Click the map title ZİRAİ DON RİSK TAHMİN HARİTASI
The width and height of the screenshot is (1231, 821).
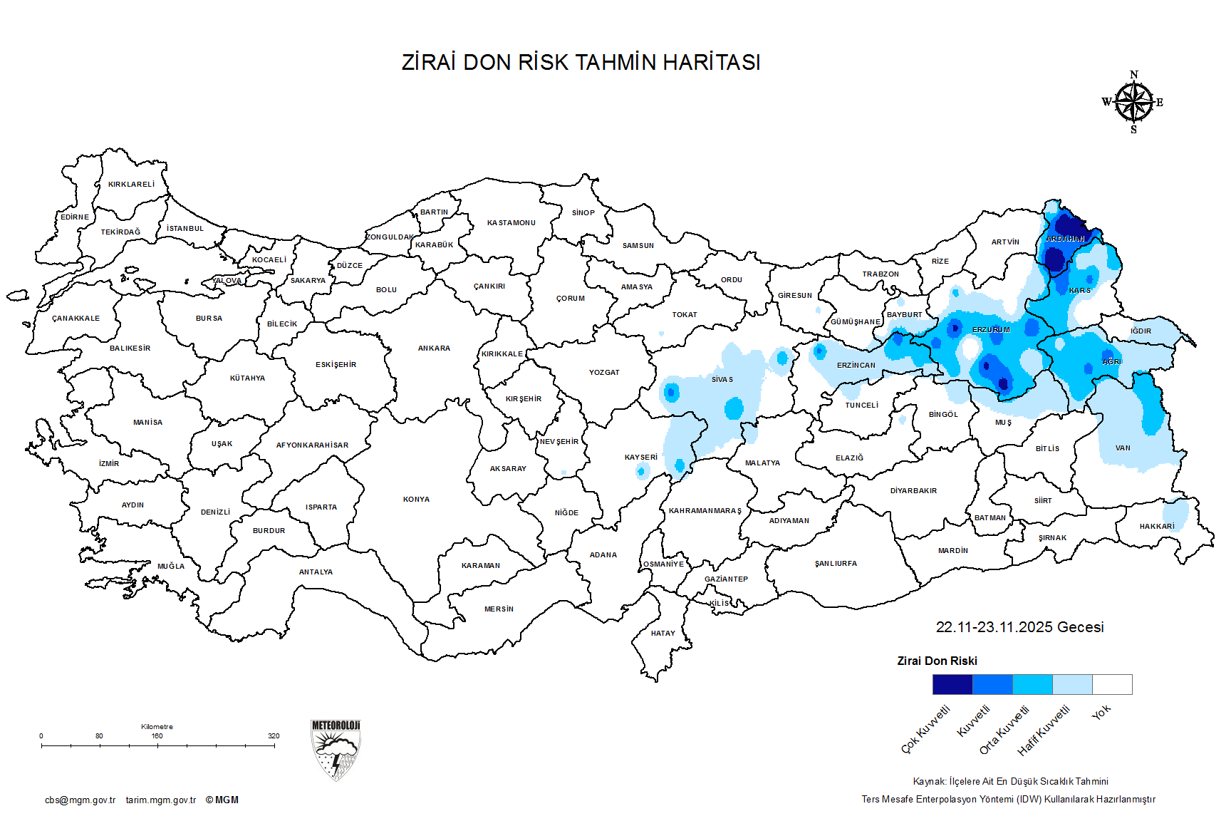click(581, 63)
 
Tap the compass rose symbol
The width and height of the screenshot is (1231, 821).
click(1133, 103)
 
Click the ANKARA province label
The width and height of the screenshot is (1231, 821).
click(434, 348)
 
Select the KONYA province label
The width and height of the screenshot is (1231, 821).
click(416, 500)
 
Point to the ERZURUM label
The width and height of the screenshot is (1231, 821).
click(991, 330)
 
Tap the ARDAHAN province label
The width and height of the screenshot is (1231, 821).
click(1065, 239)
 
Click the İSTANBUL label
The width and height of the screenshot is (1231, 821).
click(185, 229)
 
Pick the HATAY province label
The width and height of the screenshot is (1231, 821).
click(663, 634)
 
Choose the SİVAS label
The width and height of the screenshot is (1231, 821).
click(722, 380)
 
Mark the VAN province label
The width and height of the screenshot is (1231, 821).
click(1123, 448)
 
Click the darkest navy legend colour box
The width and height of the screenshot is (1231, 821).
click(952, 684)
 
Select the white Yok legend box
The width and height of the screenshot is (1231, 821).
click(1112, 684)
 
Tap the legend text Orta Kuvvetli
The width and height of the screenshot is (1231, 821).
click(1004, 730)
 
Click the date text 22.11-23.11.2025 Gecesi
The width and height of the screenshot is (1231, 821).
click(1019, 627)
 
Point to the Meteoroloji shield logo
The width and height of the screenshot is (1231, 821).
click(336, 749)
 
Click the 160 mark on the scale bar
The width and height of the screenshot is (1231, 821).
click(157, 745)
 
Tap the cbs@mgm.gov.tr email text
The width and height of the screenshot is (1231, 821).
click(80, 800)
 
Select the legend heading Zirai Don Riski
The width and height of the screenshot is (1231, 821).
click(937, 661)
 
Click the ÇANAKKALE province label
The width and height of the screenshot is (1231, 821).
click(76, 319)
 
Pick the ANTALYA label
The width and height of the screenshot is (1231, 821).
click(316, 572)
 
